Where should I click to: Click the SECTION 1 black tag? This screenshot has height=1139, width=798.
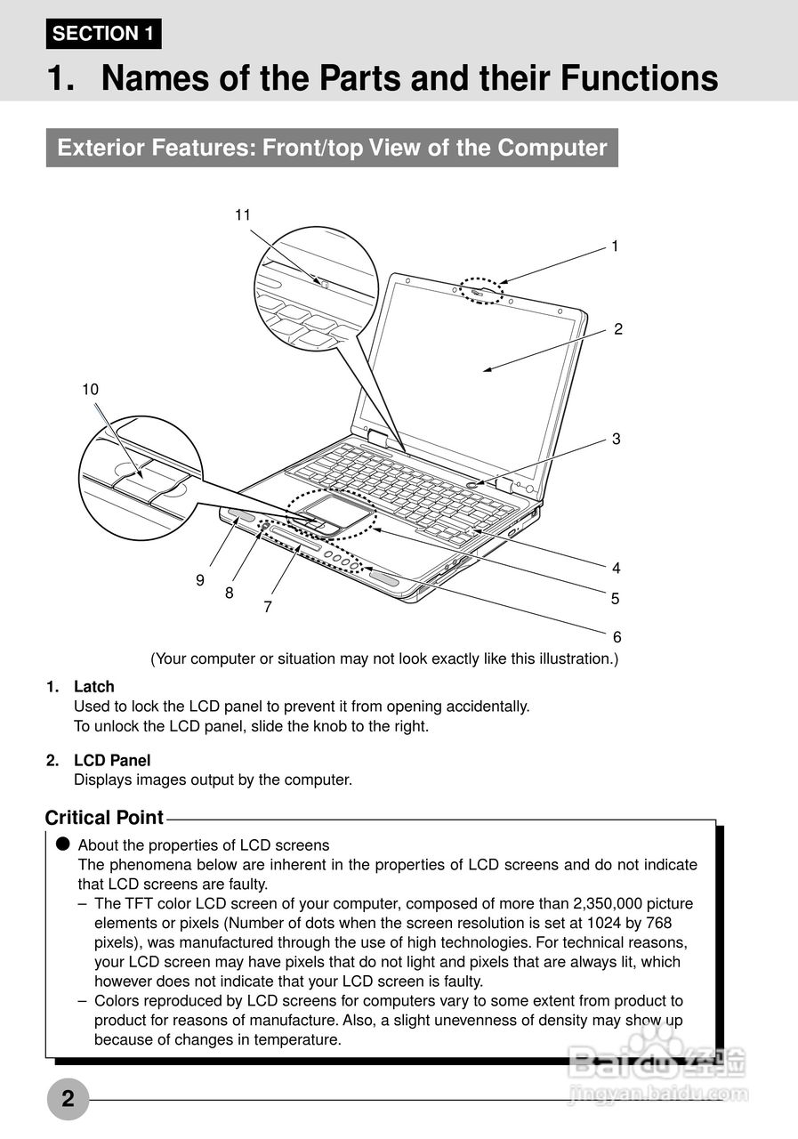(x=103, y=34)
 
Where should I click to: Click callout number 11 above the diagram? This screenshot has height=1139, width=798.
(x=243, y=214)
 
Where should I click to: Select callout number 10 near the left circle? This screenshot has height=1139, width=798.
(x=90, y=389)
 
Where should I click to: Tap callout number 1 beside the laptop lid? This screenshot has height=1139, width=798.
(x=614, y=246)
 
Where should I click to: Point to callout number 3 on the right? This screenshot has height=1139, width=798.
(x=616, y=439)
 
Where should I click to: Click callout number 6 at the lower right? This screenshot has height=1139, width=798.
(x=617, y=637)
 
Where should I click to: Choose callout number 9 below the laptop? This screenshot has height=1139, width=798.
(x=200, y=579)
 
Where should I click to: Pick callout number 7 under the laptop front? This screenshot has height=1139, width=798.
(x=267, y=607)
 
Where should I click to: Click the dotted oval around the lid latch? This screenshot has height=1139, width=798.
(x=480, y=290)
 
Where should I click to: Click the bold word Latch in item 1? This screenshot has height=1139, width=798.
(x=94, y=687)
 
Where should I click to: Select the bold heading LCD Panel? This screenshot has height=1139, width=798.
(x=112, y=761)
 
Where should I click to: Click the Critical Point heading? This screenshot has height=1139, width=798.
(x=104, y=818)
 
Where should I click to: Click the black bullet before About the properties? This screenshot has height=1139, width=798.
(x=62, y=844)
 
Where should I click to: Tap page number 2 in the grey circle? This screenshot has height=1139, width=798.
(x=68, y=1099)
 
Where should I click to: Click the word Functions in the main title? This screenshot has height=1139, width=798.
(x=639, y=78)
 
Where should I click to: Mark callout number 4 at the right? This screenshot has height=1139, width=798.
(x=616, y=568)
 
